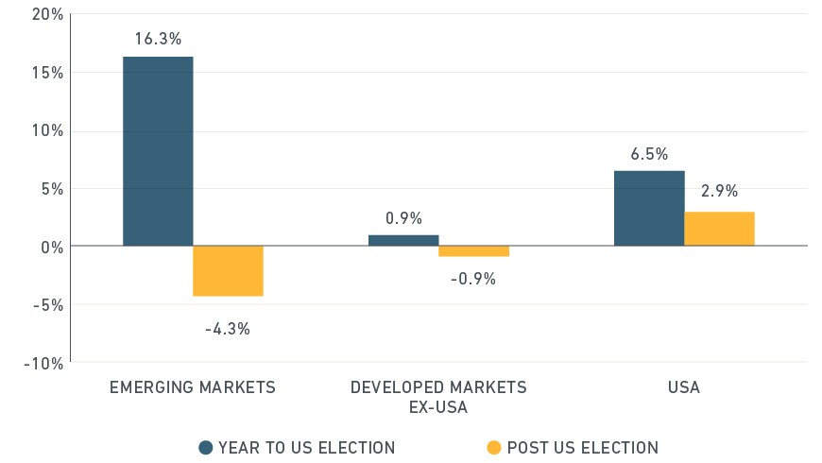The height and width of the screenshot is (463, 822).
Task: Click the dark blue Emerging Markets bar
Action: tap(158, 151)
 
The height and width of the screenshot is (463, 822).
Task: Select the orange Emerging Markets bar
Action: tap(228, 271)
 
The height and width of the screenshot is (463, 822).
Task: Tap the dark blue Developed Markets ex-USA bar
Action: tap(403, 240)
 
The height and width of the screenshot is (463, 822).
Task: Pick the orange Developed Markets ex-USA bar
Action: tap(474, 251)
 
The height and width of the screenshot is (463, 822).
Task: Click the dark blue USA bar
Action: tap(649, 208)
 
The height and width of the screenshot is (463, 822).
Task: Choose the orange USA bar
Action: tap(719, 229)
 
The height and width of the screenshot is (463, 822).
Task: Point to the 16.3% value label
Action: tap(158, 39)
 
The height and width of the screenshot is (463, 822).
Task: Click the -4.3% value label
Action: tap(228, 329)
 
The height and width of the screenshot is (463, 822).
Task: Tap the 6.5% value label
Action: tap(649, 154)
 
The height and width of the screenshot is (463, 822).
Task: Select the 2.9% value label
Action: tap(719, 191)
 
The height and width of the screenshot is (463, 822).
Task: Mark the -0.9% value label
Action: tap(472, 279)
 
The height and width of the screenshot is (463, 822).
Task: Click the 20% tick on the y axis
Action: tap(47, 14)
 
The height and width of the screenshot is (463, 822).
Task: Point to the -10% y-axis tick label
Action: tap(43, 364)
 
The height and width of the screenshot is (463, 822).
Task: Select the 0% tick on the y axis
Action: tap(52, 247)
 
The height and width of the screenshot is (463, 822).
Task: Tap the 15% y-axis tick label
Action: tap(47, 73)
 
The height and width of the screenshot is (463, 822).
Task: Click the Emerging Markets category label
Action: tap(193, 387)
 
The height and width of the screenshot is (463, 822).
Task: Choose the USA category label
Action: tap(684, 387)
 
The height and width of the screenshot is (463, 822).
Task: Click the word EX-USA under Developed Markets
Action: tap(438, 407)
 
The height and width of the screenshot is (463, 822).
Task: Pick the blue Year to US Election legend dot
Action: tap(206, 447)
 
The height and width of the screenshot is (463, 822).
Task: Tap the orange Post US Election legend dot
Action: tap(494, 447)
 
